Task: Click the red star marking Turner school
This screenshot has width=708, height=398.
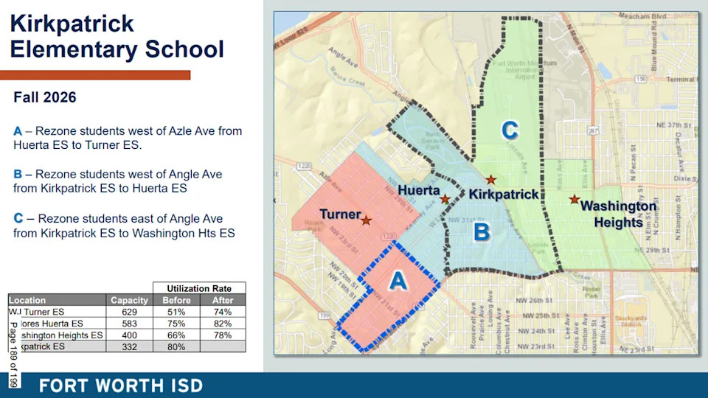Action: click(x=366, y=220)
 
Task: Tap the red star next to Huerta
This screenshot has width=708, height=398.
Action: click(x=445, y=199)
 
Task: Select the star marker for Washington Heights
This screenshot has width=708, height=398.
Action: click(x=574, y=199)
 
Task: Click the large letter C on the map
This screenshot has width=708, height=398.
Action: click(x=510, y=130)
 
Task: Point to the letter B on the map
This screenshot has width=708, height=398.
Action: click(x=481, y=233)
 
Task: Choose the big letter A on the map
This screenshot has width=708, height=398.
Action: click(x=398, y=280)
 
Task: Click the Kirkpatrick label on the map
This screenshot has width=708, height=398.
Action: click(x=504, y=194)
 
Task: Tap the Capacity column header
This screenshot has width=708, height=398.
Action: click(x=129, y=300)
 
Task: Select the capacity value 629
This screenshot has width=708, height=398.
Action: click(x=129, y=312)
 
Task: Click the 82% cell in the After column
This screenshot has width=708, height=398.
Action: click(x=223, y=324)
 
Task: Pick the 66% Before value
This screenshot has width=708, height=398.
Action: click(x=176, y=335)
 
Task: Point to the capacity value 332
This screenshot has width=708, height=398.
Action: click(x=129, y=346)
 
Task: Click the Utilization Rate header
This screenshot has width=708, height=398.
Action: click(x=199, y=288)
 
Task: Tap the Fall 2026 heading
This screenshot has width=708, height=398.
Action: click(x=45, y=97)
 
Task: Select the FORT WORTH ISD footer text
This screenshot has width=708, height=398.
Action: click(x=121, y=385)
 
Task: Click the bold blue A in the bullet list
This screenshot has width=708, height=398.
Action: click(x=18, y=131)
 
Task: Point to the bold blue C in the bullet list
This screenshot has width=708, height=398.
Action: click(x=18, y=219)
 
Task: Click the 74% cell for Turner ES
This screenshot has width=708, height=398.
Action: click(x=223, y=312)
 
